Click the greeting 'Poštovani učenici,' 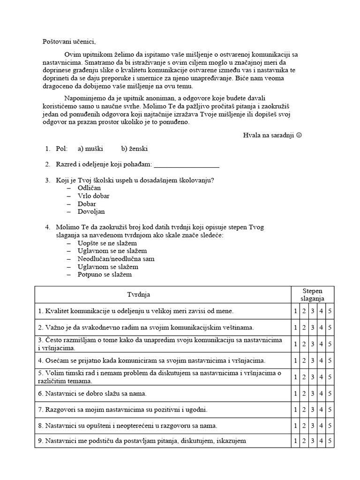tap(68, 42)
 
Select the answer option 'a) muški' tap(91, 149)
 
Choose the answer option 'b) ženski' tap(135, 149)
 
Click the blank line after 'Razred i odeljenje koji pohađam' tap(186, 165)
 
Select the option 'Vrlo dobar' tap(94, 196)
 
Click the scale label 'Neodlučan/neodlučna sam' tap(116, 259)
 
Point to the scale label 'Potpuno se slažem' tap(105, 275)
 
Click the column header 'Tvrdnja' tap(139, 295)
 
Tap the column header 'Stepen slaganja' tap(313, 295)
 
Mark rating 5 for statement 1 tap(330, 311)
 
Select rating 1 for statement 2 tap(295, 328)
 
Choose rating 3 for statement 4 tap(313, 361)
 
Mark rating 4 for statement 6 tap(322, 393)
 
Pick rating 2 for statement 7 tap(304, 410)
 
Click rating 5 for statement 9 tap(330, 441)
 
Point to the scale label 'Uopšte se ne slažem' tap(107, 243)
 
